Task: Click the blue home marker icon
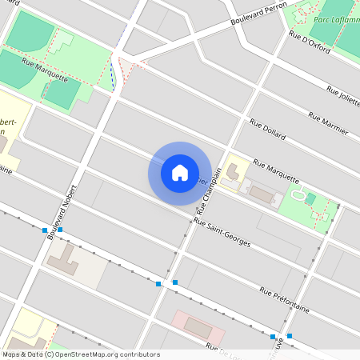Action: (x=180, y=172)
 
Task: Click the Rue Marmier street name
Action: (x=328, y=122)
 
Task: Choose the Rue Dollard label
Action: (x=267, y=130)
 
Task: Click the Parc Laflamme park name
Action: (x=336, y=19)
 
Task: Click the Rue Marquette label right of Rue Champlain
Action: (x=276, y=170)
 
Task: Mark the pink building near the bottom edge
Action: (x=198, y=326)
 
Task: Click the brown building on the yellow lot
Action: (x=233, y=171)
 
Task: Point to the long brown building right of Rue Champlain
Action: (x=260, y=194)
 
